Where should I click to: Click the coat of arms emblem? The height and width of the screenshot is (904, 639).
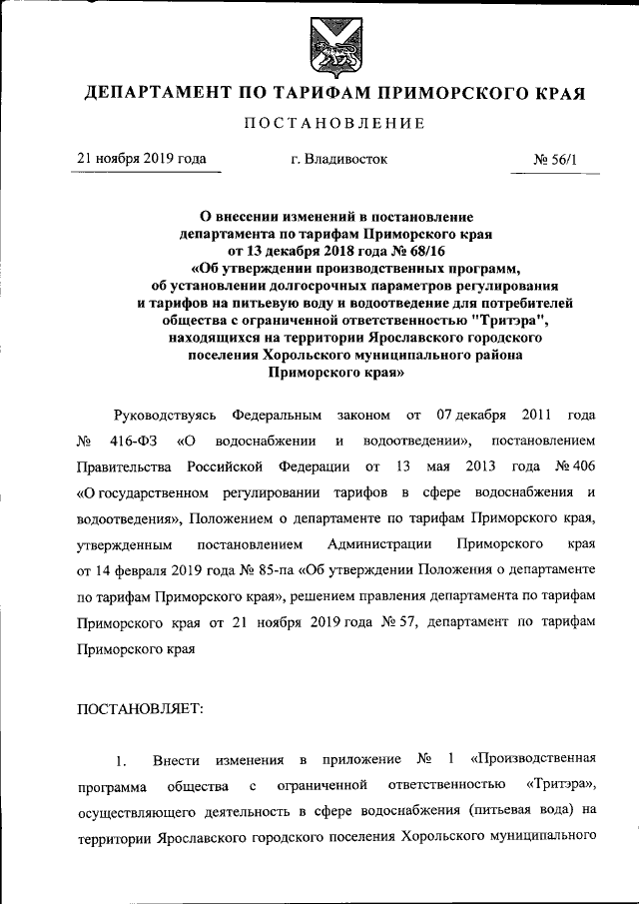tap(319, 44)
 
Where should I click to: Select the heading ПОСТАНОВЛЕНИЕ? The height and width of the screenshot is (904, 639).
tap(319, 124)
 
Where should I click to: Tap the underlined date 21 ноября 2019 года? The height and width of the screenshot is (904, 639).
tap(143, 158)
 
